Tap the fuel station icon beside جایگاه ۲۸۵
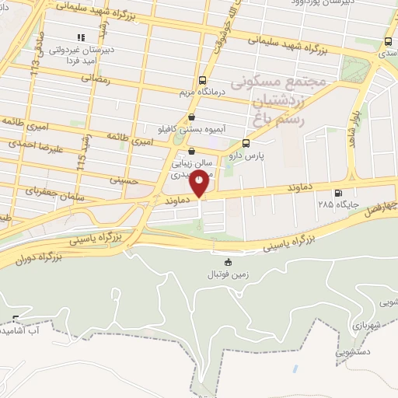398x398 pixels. [337, 194]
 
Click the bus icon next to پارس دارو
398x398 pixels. [246, 143]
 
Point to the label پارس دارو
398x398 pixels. [246, 156]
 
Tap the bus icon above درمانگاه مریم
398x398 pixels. [203, 79]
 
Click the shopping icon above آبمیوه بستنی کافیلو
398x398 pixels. [192, 117]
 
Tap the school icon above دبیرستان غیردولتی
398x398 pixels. [80, 37]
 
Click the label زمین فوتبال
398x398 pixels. [225, 275]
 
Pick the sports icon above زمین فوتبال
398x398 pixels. [227, 262]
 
